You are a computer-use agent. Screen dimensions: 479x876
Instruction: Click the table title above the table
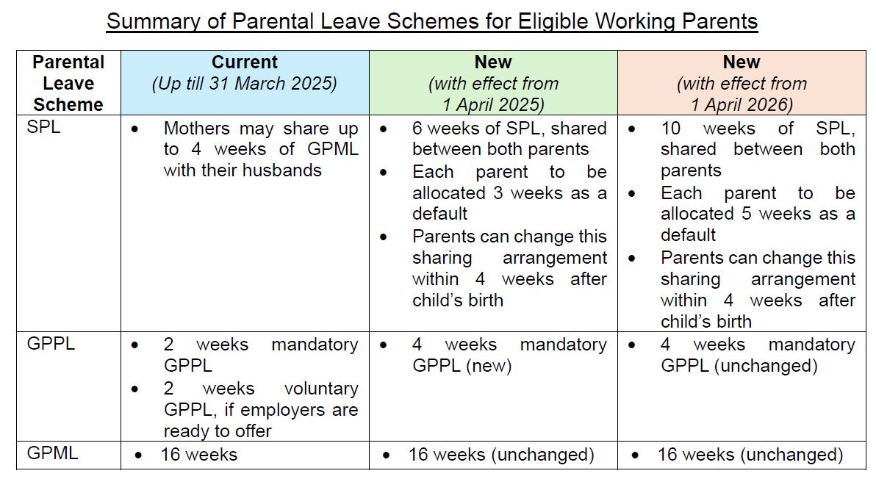431,21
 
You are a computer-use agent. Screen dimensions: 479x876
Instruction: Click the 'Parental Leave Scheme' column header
68,83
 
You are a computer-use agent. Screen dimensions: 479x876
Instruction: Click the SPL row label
44,128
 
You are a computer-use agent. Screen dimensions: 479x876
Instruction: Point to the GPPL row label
51,344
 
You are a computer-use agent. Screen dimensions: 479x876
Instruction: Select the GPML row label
52,453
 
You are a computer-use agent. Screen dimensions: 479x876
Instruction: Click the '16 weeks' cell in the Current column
199,455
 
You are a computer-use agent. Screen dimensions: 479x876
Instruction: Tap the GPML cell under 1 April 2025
501,455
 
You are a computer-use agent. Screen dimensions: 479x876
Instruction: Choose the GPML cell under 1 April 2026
750,455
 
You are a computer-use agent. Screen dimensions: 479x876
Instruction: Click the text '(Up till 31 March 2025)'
245,83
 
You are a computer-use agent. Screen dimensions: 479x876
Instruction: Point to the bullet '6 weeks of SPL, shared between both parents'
509,139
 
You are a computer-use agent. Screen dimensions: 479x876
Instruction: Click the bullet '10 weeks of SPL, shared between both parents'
757,149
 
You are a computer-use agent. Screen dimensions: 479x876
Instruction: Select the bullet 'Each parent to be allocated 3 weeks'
509,193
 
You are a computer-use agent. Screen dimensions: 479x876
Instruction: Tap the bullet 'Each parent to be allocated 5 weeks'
757,214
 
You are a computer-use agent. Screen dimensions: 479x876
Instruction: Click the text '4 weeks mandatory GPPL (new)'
509,355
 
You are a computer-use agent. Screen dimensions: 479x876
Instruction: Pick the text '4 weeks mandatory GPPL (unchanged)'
757,355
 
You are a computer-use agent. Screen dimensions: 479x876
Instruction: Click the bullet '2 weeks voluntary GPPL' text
260,409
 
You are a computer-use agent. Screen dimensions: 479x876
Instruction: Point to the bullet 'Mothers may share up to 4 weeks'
260,149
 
